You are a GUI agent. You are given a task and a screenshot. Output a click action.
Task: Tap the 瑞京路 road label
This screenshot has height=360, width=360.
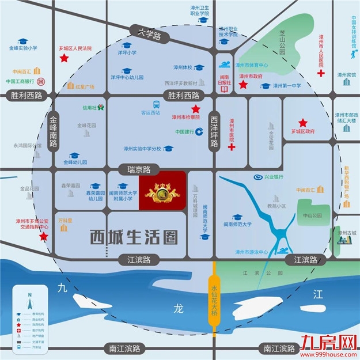point(138,169)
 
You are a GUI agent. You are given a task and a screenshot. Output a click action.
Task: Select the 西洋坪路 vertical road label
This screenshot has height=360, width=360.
point(214,131)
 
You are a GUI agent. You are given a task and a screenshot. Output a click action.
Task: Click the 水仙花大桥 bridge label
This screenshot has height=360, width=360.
point(214,298)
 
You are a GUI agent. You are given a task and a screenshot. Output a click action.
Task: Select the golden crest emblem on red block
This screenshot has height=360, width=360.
point(162,191)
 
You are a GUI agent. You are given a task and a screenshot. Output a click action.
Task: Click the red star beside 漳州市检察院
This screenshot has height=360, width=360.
point(196,109)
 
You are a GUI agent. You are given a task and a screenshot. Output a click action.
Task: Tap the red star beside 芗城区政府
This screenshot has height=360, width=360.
point(302,123)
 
